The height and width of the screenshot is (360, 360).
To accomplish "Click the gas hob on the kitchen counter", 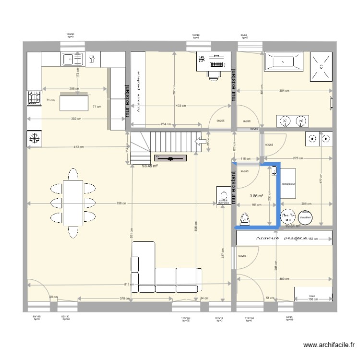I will (34, 97).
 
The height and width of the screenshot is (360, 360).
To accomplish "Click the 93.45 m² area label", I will (150, 167).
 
